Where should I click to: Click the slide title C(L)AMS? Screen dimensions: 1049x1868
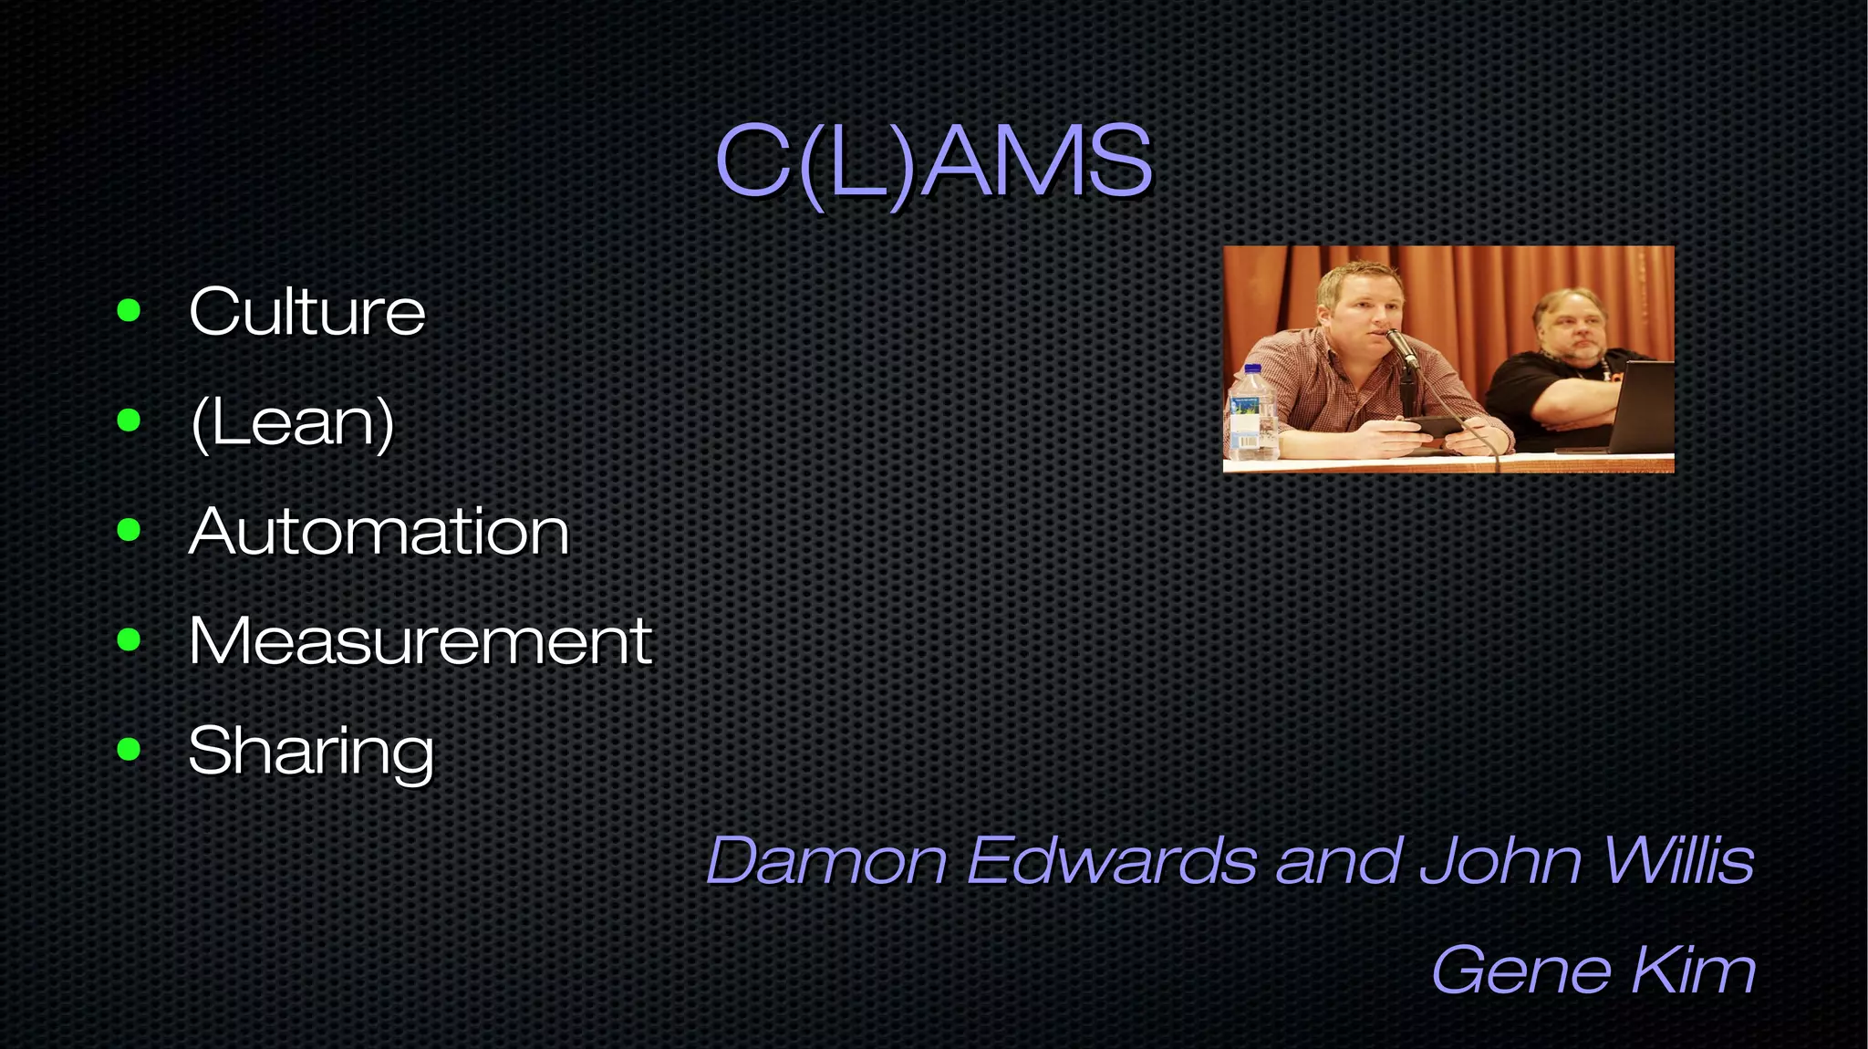click(934, 161)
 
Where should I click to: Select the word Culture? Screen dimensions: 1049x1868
click(306, 312)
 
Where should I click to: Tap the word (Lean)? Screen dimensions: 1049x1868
click(292, 422)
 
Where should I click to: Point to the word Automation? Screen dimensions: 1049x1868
click(379, 532)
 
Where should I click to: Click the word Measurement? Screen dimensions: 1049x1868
click(420, 641)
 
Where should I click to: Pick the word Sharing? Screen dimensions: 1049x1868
click(310, 752)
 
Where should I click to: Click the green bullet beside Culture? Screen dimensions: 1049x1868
click(129, 311)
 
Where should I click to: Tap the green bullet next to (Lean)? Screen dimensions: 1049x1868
click(129, 421)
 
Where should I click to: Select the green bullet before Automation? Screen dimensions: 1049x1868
click(129, 530)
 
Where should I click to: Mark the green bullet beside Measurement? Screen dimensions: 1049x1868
click(129, 640)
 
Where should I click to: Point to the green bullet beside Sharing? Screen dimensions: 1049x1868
click(129, 750)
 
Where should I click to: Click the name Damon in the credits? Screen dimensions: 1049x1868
click(826, 860)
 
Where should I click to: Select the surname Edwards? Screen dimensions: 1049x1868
click(1111, 860)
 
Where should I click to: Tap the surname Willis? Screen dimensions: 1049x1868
click(1676, 860)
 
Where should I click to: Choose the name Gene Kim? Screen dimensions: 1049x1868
click(1593, 970)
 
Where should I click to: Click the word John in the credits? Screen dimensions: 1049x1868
click(1500, 860)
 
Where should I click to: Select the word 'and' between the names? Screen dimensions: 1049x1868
click(1337, 860)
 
